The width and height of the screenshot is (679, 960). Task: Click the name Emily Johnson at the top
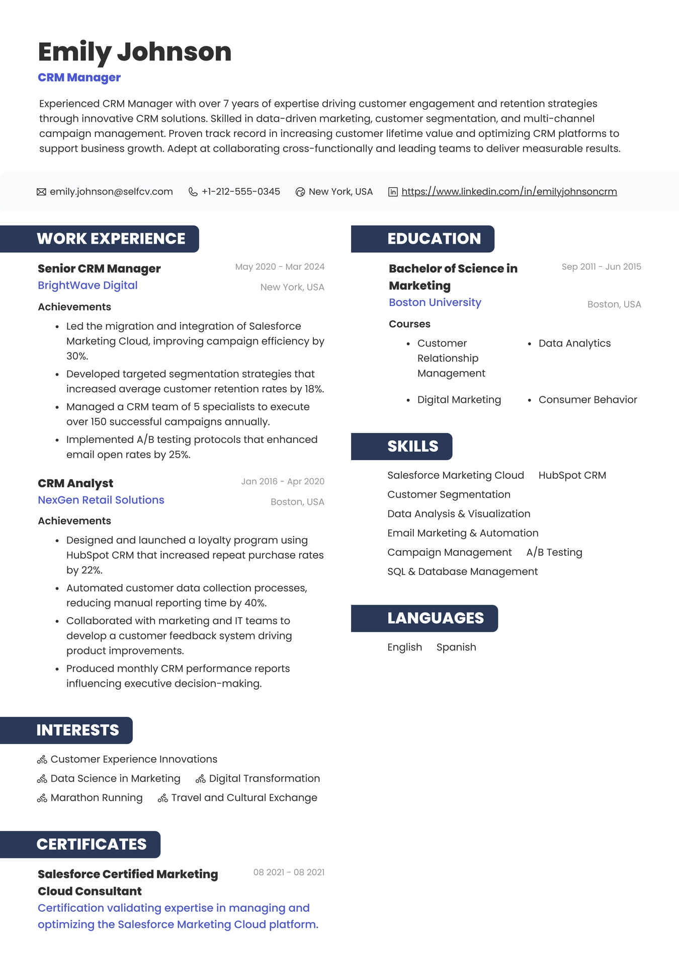pyautogui.click(x=134, y=52)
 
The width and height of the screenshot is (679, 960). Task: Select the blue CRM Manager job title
pyautogui.click(x=79, y=78)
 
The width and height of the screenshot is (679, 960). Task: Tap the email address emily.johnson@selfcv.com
pyautogui.click(x=111, y=192)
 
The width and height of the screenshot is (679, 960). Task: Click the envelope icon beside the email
pyautogui.click(x=41, y=192)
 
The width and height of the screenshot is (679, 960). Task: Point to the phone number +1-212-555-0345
pyautogui.click(x=240, y=192)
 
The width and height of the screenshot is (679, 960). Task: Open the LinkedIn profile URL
pyautogui.click(x=509, y=192)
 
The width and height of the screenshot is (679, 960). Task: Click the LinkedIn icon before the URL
pyautogui.click(x=393, y=192)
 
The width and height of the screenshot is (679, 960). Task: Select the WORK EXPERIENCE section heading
pyautogui.click(x=111, y=239)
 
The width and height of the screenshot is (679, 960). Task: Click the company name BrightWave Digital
pyautogui.click(x=88, y=285)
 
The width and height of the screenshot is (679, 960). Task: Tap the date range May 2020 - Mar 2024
pyautogui.click(x=280, y=267)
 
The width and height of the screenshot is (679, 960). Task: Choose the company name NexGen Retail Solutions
pyautogui.click(x=101, y=500)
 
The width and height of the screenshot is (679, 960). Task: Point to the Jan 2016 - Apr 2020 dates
pyautogui.click(x=283, y=481)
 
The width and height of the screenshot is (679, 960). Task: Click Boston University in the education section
pyautogui.click(x=435, y=303)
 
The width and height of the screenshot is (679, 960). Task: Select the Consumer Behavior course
pyautogui.click(x=587, y=400)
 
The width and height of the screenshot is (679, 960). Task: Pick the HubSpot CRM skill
pyautogui.click(x=572, y=475)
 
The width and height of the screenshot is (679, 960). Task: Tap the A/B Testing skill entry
pyautogui.click(x=554, y=552)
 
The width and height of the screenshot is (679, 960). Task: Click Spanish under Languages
pyautogui.click(x=456, y=647)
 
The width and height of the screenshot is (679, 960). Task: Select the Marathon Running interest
pyautogui.click(x=97, y=798)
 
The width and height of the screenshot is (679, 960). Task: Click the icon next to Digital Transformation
pyautogui.click(x=200, y=779)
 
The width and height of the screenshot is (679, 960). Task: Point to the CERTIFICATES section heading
pyautogui.click(x=92, y=844)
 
